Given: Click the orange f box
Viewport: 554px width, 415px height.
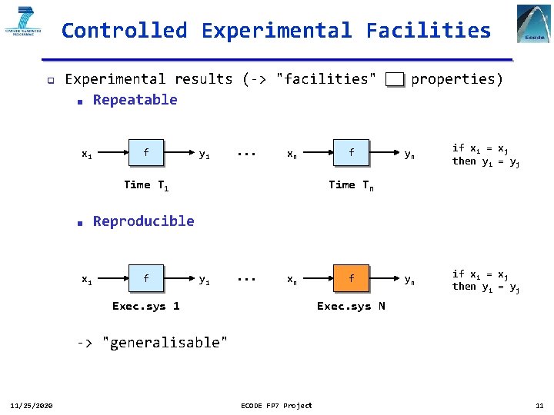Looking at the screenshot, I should point(352,278).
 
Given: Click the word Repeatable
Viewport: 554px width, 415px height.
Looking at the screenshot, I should point(135,100).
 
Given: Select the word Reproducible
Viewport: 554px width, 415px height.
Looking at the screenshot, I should point(143,221).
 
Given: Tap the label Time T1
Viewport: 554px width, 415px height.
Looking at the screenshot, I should point(146,185).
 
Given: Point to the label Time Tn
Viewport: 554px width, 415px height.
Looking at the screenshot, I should point(352,185).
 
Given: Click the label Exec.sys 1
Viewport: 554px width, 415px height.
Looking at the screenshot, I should point(146,306).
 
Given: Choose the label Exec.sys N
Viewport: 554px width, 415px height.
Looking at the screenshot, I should point(352,306).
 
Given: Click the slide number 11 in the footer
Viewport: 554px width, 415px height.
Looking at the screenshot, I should point(539,405).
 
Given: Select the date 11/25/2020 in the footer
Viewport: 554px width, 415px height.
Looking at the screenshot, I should point(31,405).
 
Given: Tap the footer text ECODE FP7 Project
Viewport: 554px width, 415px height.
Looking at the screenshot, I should point(277,405).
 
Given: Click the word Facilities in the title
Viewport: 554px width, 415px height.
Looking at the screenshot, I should point(428,31).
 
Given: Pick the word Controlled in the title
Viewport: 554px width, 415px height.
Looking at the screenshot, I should point(124,31).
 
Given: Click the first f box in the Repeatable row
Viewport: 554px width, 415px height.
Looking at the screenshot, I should point(146,152).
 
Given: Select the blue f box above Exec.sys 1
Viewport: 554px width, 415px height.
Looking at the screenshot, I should point(146,278).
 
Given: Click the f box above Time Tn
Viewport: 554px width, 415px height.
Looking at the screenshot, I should point(352,152).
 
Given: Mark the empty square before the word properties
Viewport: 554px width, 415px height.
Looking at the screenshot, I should point(395,79).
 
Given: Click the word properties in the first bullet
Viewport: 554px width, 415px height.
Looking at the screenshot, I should point(457,79).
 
